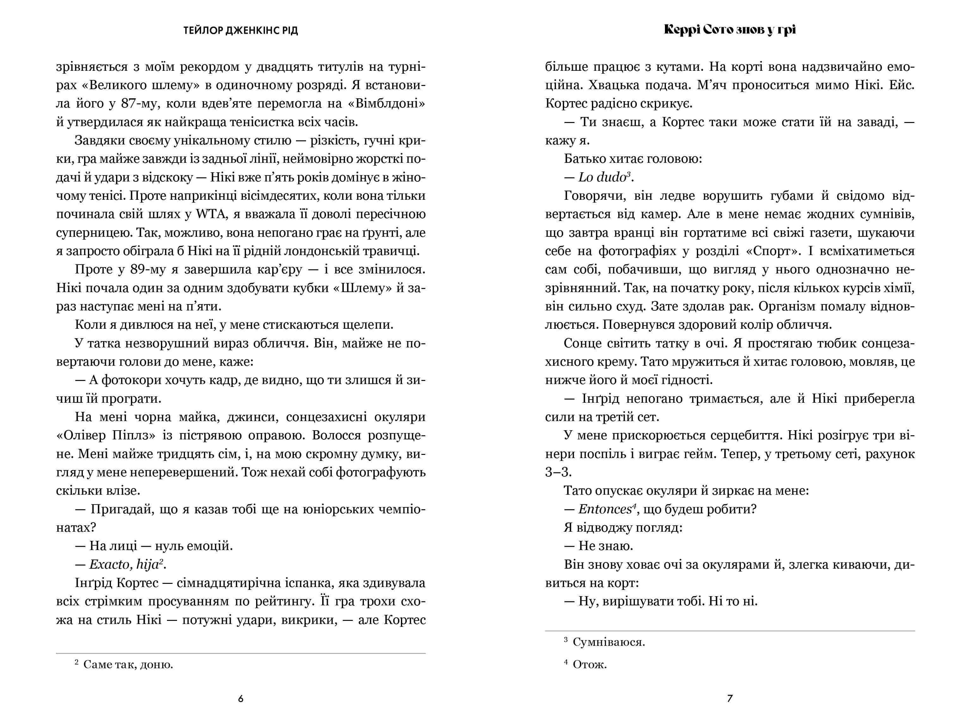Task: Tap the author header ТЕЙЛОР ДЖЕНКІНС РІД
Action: click(x=241, y=31)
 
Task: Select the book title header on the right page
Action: click(x=729, y=30)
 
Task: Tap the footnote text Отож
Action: click(x=590, y=664)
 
